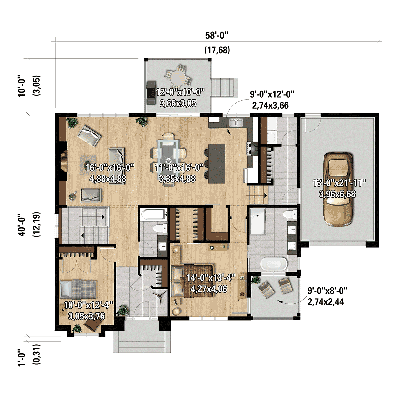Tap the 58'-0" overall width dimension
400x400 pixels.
217,35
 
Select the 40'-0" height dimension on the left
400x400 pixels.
22,225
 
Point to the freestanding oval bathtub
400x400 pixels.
274,264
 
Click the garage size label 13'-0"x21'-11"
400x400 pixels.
339,188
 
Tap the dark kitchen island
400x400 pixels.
217,163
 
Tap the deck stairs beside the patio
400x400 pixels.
224,87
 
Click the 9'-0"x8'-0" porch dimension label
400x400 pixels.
327,296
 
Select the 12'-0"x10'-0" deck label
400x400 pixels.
180,98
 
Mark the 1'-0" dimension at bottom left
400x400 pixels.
22,357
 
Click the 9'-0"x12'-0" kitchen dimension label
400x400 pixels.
272,100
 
